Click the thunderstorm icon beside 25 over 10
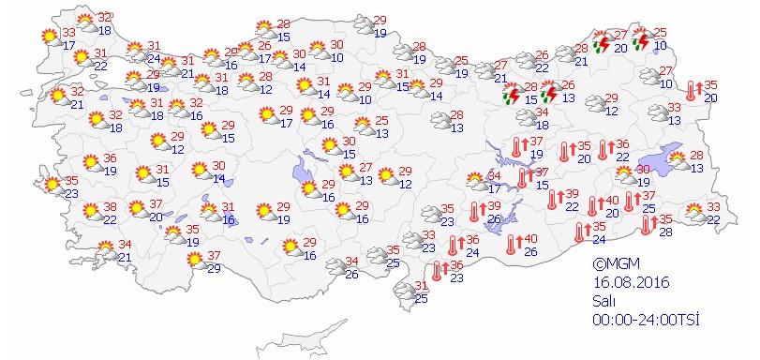[642, 39]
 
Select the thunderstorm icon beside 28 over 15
[512, 94]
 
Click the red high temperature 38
[111, 207]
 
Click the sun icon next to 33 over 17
[47, 37]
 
